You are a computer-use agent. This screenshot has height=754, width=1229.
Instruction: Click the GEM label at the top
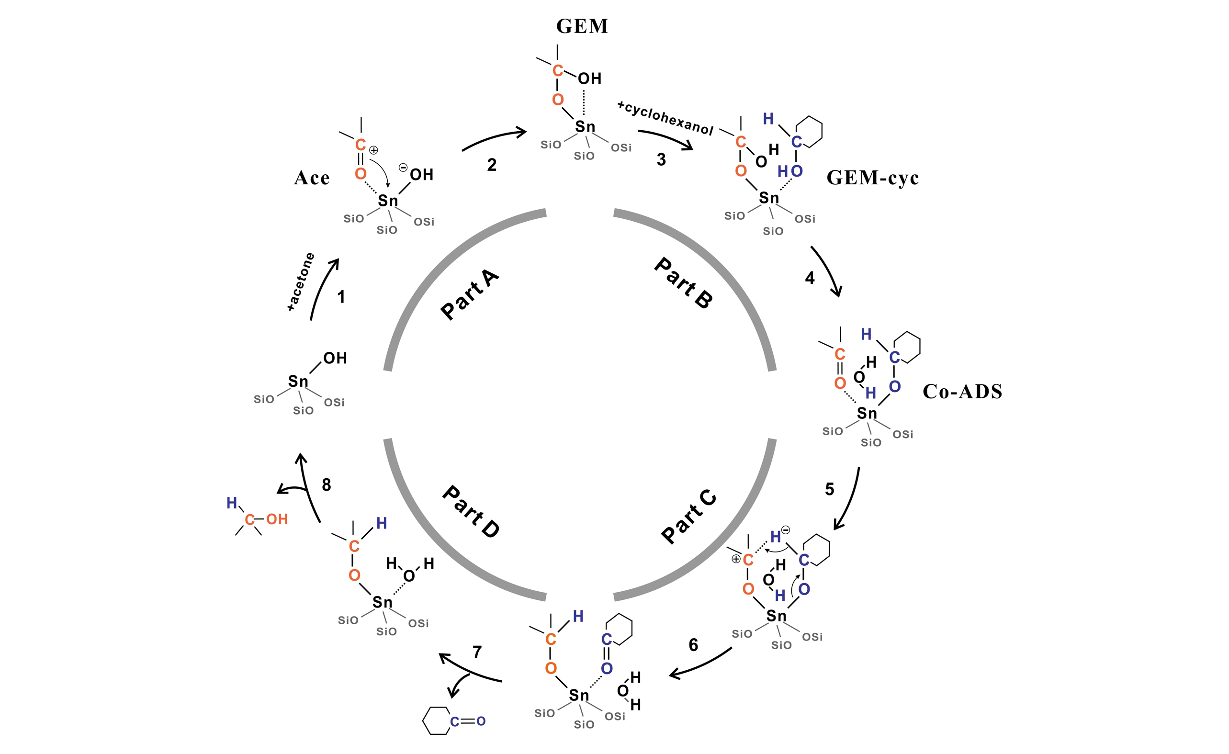(x=582, y=26)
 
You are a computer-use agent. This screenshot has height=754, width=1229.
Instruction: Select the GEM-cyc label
(x=872, y=178)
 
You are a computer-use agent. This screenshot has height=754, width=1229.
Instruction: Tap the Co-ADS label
(x=962, y=392)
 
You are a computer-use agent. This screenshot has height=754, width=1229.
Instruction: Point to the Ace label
(x=312, y=178)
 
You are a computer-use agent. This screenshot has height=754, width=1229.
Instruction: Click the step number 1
(x=341, y=297)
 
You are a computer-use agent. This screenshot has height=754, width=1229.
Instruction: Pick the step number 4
(x=810, y=278)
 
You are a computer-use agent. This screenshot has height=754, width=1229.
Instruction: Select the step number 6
(x=693, y=645)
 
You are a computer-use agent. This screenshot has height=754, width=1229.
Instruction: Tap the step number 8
(x=326, y=484)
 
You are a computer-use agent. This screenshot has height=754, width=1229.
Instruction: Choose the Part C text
(x=689, y=517)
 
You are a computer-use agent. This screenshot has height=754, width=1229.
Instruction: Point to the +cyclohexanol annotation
(x=665, y=118)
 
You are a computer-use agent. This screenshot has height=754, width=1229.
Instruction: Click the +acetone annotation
(x=301, y=282)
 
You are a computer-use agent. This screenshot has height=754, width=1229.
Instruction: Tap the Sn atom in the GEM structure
(x=585, y=127)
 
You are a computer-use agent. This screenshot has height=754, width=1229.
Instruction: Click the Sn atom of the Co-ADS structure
(x=867, y=414)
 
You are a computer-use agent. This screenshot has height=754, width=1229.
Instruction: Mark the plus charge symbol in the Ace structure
(x=373, y=150)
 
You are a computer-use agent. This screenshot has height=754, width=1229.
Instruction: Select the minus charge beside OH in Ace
(x=403, y=168)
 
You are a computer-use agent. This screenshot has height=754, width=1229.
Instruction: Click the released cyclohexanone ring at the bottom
(x=437, y=720)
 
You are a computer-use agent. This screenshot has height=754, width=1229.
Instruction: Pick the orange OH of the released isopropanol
(x=277, y=519)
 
